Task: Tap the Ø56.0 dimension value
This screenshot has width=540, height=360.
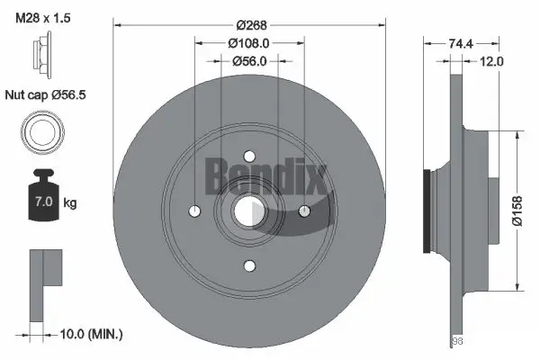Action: click(248, 61)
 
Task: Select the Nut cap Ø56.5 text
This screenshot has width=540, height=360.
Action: click(45, 94)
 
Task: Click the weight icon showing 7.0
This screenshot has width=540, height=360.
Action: click(41, 193)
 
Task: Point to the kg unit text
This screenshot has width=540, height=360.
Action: click(70, 203)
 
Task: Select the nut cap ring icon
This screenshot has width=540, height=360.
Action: click(41, 132)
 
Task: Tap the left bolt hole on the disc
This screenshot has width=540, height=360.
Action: click(194, 211)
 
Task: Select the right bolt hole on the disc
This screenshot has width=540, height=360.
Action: click(304, 211)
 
